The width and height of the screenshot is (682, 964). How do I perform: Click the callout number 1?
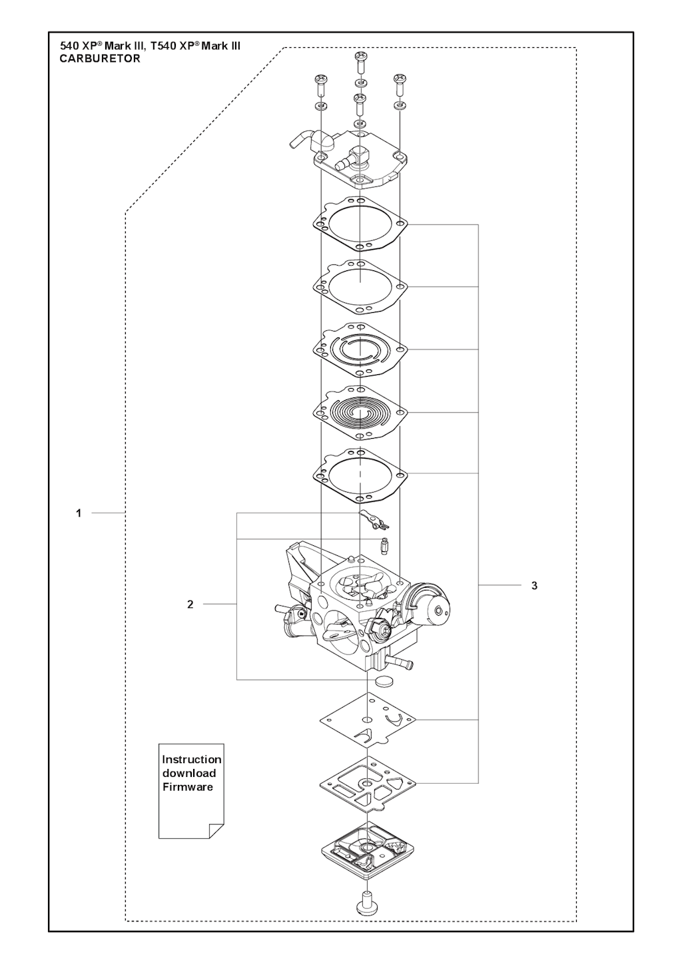click(79, 513)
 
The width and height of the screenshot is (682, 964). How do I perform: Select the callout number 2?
click(190, 604)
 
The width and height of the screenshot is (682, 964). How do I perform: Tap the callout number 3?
click(534, 585)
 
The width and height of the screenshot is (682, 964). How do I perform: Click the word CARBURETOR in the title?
click(100, 59)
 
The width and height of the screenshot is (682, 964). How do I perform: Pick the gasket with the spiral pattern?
click(360, 412)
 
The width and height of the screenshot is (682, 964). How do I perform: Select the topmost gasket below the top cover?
click(360, 224)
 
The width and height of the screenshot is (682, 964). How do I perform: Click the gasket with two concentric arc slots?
click(360, 350)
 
